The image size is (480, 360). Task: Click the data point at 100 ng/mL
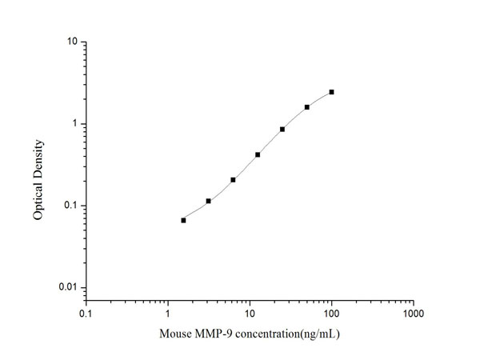click(331, 92)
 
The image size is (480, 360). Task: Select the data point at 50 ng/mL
click(306, 107)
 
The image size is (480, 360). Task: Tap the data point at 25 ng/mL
click(282, 129)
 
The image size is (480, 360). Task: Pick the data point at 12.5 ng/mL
click(258, 154)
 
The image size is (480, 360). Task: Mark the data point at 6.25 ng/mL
click(233, 179)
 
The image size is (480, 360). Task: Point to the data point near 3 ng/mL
click(208, 201)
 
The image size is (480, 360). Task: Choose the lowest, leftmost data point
click(183, 220)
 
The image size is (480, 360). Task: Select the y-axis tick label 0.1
click(70, 206)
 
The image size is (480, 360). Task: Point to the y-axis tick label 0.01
click(68, 288)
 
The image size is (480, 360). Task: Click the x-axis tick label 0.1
click(86, 314)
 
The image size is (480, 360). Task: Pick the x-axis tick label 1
click(168, 314)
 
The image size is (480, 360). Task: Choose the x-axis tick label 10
click(250, 314)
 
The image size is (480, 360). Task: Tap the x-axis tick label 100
click(331, 314)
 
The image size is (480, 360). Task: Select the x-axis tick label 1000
click(413, 314)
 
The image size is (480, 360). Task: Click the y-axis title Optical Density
click(38, 180)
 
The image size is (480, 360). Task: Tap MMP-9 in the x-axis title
click(216, 334)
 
